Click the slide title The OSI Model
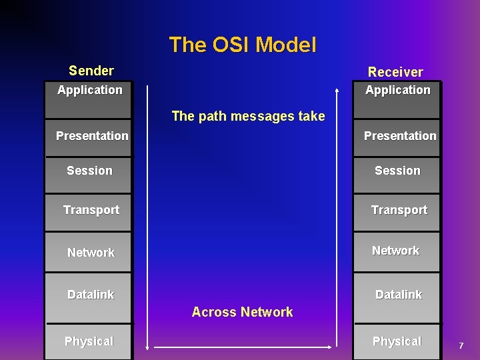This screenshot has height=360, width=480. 242,45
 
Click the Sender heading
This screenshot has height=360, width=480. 91,70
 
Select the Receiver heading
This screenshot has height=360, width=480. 395,71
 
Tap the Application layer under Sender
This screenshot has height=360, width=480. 90,90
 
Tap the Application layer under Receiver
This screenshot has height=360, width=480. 398,90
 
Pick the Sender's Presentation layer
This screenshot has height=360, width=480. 92,136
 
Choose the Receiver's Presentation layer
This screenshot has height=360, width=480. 400,136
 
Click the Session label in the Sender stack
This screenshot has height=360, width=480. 90,171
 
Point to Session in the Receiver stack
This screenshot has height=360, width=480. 397,171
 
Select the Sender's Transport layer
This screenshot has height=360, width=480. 91,210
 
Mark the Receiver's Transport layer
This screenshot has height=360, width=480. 399,210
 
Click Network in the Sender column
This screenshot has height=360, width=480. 91,253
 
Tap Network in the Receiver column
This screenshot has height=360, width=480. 395,251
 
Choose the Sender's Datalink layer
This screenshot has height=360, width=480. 91,295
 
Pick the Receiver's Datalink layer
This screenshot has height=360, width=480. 398,295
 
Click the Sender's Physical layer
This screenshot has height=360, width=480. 89,341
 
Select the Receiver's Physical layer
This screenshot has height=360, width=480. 397,341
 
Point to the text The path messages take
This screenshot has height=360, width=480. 248,116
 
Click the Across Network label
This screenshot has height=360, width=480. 242,312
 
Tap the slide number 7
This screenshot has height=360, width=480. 460,345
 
